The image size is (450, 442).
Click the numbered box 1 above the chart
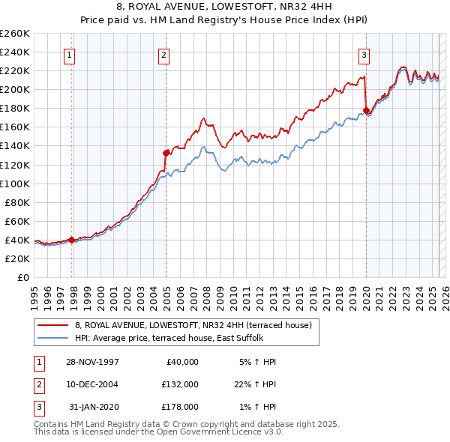tap(69, 54)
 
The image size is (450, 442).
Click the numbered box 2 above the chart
tap(163, 54)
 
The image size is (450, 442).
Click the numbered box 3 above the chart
tap(364, 54)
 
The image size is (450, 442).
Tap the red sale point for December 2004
tap(166, 153)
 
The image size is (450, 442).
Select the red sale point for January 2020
tap(366, 110)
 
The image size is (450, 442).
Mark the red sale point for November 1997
tap(72, 240)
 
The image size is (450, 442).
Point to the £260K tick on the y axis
tap(15, 34)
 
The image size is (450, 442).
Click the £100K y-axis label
tap(15, 184)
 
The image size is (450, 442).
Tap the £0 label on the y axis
tap(22, 277)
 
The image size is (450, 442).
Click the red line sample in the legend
tap(52, 325)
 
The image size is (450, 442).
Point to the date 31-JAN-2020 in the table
tap(93, 407)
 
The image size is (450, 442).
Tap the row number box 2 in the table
tap(37, 384)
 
